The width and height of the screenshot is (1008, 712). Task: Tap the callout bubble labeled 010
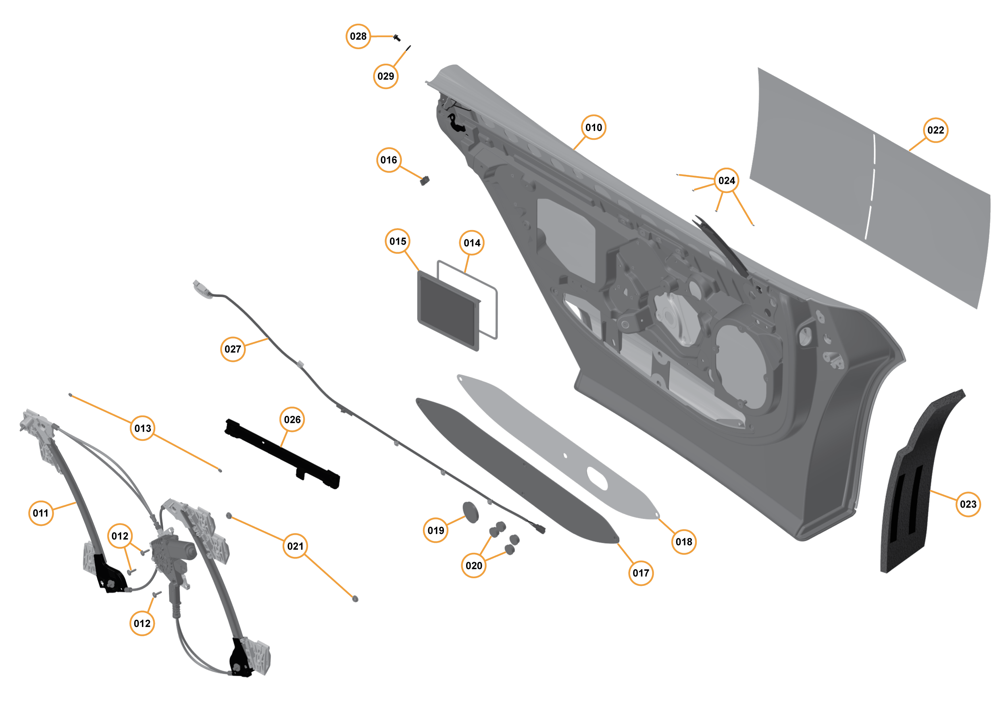[x=593, y=127]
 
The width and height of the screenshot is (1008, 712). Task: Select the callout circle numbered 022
[x=935, y=130]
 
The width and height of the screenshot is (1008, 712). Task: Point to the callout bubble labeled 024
[x=726, y=180]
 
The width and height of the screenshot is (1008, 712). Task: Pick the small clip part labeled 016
[x=425, y=180]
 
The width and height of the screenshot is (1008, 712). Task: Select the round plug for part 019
[x=470, y=513]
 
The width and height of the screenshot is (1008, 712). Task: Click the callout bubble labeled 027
[x=232, y=349]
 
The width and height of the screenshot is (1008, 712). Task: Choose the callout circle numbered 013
[x=142, y=428]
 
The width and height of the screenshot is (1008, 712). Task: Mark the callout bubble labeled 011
[x=40, y=513]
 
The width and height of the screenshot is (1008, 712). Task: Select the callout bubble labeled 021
[x=295, y=546]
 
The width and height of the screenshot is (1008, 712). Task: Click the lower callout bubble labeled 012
[x=142, y=623]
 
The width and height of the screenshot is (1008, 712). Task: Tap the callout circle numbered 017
[x=641, y=573]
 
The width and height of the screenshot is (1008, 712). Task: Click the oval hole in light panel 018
[x=597, y=478]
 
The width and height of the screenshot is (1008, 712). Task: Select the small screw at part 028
[x=397, y=38]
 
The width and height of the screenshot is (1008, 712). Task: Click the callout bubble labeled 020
[x=473, y=565]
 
